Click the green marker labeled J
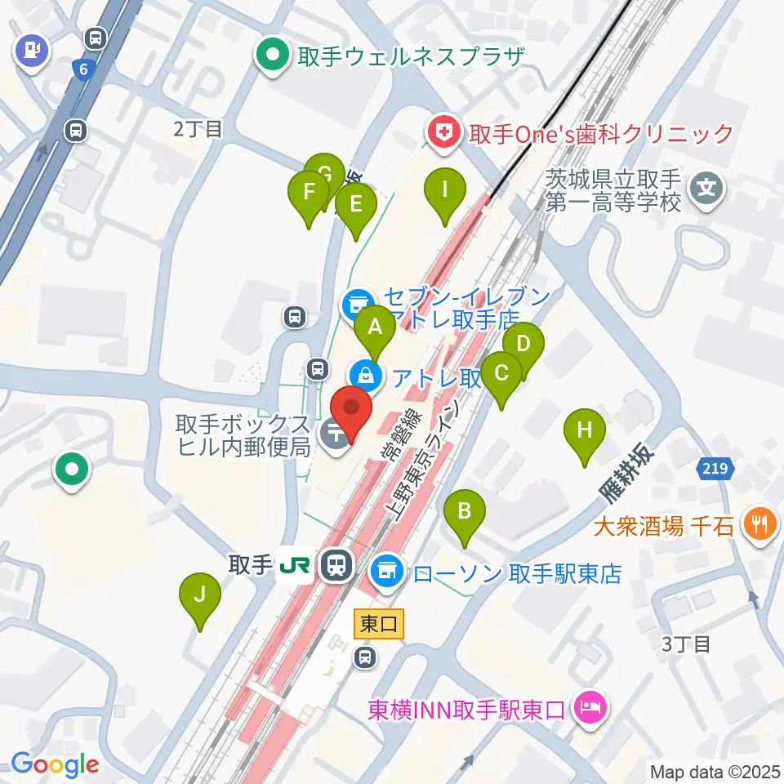coord(200,595)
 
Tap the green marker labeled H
coord(585,431)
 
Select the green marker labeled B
coord(465,513)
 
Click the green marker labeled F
coord(309,194)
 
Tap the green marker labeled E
coord(355,205)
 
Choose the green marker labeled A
coord(375,329)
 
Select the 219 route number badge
coord(716,469)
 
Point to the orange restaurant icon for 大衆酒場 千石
coord(760,523)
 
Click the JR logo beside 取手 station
coord(295,565)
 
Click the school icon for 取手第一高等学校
coord(706,189)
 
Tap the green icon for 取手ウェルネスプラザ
coord(271,56)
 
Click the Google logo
coord(56,764)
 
